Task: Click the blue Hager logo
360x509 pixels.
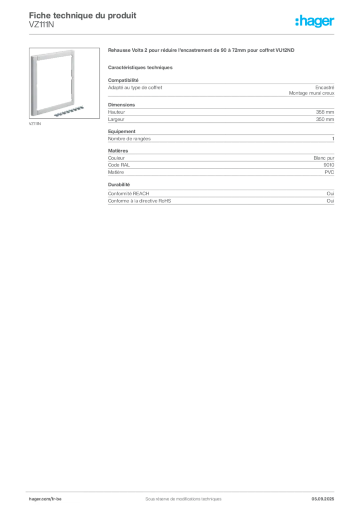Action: [316, 21]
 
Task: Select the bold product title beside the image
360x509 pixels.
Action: [202, 51]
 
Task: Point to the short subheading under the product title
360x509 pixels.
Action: [140, 67]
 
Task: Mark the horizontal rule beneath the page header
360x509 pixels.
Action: [182, 34]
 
